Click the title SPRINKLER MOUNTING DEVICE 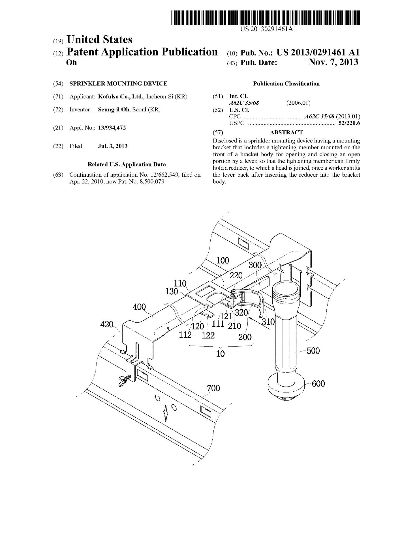click(x=118, y=84)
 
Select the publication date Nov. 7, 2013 click(x=333, y=62)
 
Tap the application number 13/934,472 click(x=112, y=128)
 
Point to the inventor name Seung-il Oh click(x=113, y=110)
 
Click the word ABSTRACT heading click(x=286, y=132)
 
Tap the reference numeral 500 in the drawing click(x=313, y=351)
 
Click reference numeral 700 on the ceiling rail click(x=213, y=388)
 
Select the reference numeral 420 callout click(x=107, y=324)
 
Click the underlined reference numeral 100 click(x=223, y=260)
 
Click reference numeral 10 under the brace click(x=220, y=353)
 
